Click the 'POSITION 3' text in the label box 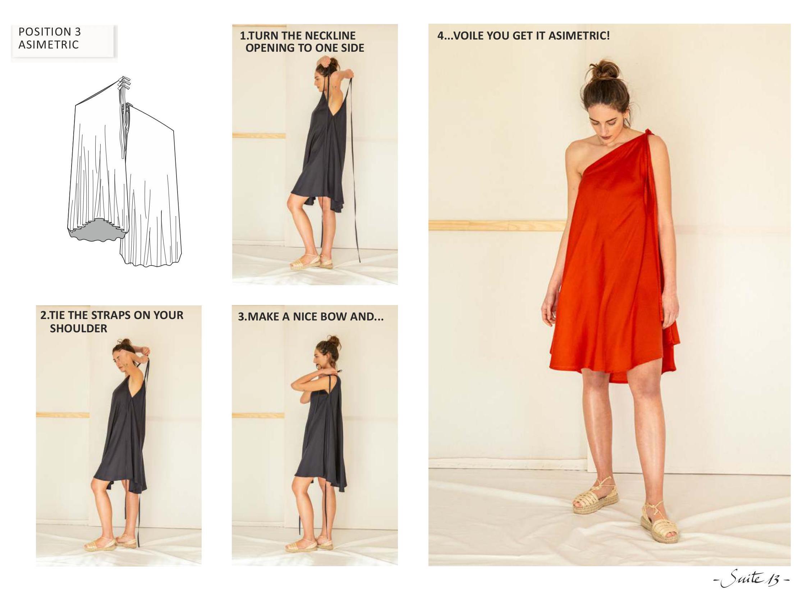point(50,32)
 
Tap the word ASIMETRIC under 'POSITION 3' point(49,45)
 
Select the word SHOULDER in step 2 point(78,329)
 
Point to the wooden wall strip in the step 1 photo point(259,136)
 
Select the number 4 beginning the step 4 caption point(440,36)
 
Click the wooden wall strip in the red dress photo point(497,226)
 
